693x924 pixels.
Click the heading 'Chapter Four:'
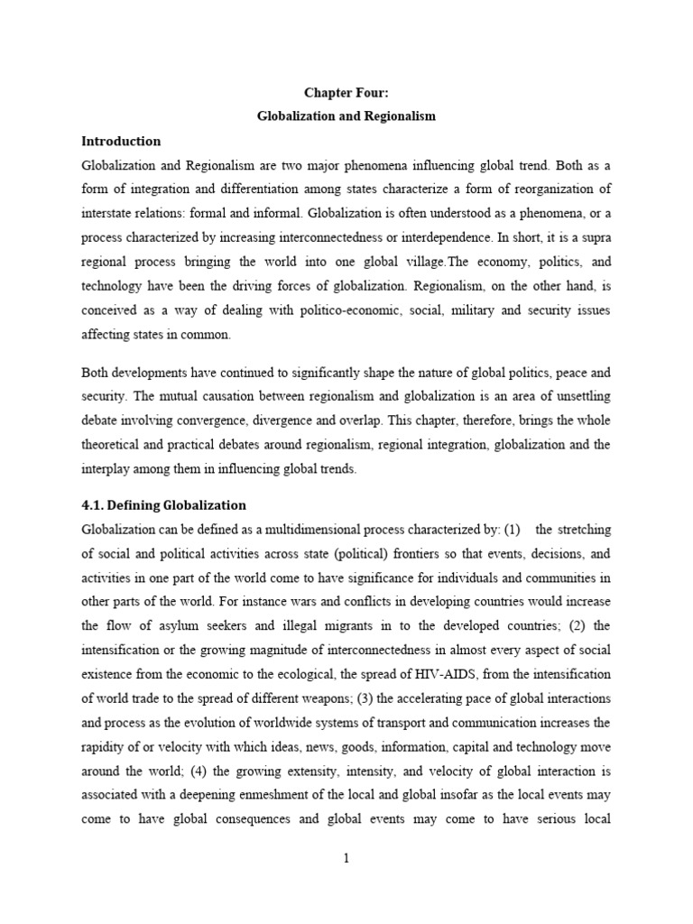coord(346,93)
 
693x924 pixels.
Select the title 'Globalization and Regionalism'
coord(346,117)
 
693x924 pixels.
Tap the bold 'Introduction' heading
coord(121,142)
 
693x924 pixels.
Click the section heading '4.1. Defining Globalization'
coord(163,504)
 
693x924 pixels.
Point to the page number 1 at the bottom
coord(346,859)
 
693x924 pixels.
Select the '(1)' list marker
coord(513,529)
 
